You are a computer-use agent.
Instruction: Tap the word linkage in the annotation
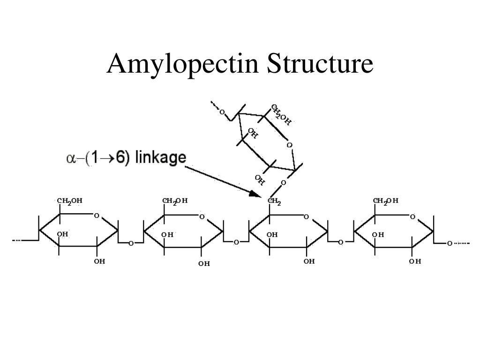point(160,158)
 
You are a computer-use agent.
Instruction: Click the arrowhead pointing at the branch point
point(255,193)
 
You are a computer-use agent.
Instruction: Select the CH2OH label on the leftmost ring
point(70,201)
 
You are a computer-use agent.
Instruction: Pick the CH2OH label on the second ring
point(175,201)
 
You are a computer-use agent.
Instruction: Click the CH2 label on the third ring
point(275,202)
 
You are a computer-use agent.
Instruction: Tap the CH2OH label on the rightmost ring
point(386,201)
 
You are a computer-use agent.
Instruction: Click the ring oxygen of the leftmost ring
point(97,216)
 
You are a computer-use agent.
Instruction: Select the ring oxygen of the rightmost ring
point(412,217)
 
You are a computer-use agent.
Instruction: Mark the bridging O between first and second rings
point(131,243)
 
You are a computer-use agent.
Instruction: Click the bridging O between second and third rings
point(236,242)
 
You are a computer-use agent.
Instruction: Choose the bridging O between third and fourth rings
point(341,242)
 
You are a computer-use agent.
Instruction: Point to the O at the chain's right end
point(449,243)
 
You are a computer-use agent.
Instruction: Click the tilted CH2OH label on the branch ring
point(281,115)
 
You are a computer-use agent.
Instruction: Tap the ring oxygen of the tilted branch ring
point(289,145)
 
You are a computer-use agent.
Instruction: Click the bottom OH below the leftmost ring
point(99,261)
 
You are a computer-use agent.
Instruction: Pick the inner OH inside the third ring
point(272,234)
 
